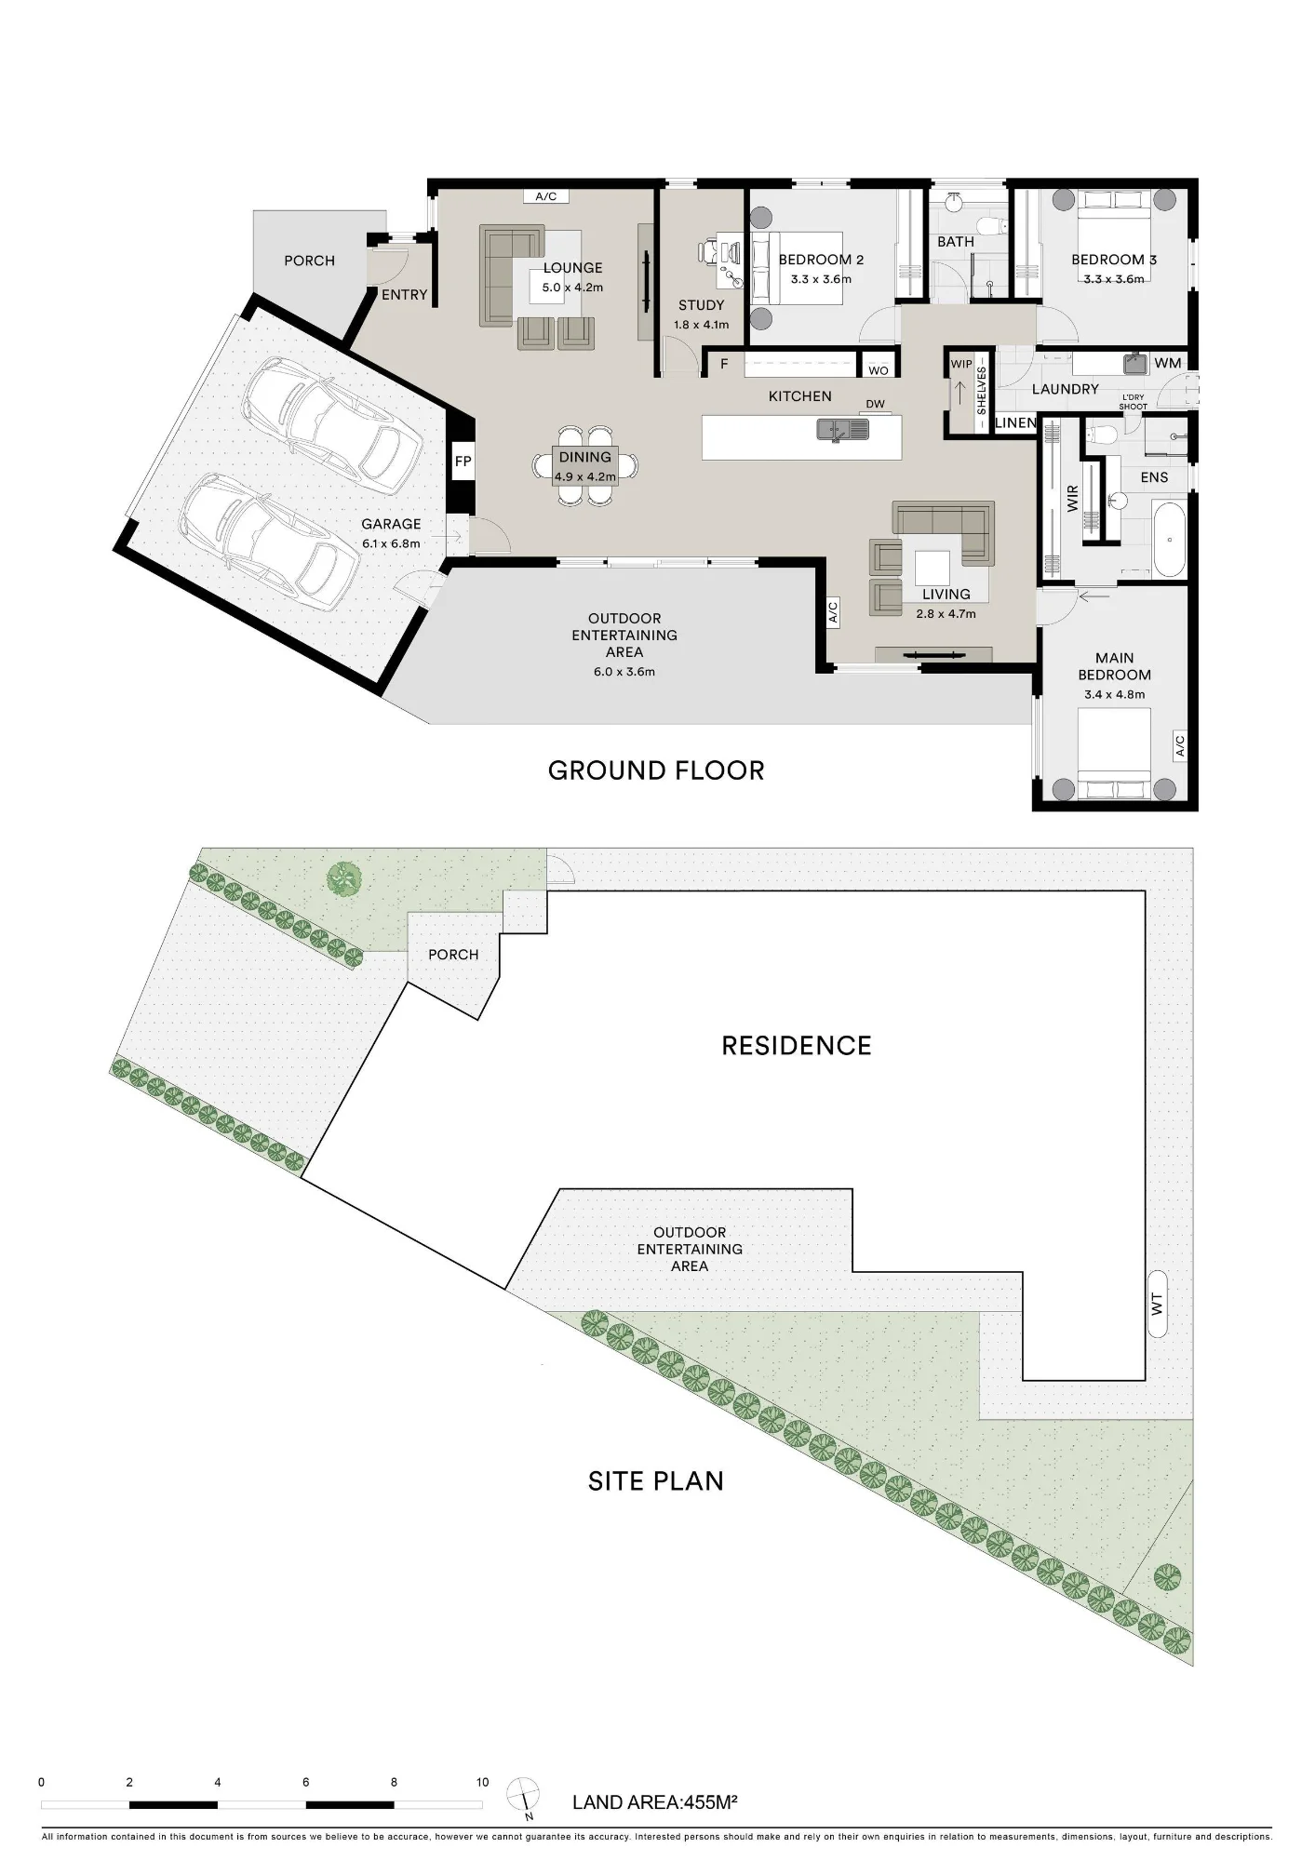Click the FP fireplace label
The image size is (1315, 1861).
(x=463, y=462)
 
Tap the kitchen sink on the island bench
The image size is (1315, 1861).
(x=842, y=429)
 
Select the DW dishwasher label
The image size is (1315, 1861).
(x=875, y=404)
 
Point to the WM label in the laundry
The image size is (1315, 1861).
(x=1167, y=363)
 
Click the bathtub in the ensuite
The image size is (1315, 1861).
(x=1170, y=540)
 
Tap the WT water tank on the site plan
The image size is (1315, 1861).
(x=1158, y=1304)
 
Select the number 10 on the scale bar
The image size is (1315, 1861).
(x=482, y=1782)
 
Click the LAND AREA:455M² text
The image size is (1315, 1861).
(x=654, y=1802)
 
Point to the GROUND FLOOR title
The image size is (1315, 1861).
(x=656, y=770)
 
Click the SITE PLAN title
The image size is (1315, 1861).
(x=656, y=1481)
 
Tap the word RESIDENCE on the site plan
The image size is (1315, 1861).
(x=797, y=1046)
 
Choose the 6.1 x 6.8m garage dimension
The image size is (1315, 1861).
(x=391, y=543)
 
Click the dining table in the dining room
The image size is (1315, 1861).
(x=585, y=465)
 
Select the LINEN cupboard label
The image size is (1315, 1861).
(x=1015, y=422)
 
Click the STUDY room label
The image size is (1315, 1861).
(x=701, y=305)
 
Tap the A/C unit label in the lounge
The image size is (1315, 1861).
(x=546, y=196)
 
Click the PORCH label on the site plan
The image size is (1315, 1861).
(x=453, y=955)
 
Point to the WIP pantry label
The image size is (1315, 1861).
(x=961, y=364)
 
